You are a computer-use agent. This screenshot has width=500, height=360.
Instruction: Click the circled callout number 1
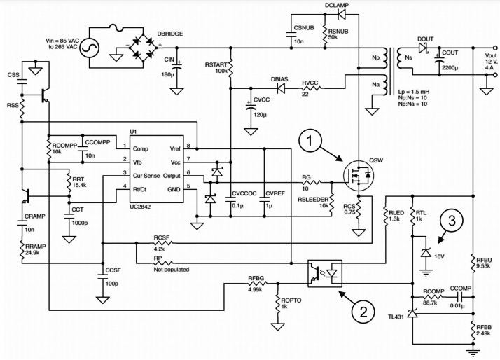tap(310, 141)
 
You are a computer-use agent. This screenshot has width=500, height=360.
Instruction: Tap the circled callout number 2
tap(363, 312)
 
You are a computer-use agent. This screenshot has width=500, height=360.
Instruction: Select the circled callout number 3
tap(452, 221)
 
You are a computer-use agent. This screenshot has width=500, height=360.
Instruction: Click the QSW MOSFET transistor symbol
tap(359, 176)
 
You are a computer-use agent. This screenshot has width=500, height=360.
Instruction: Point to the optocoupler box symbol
tap(325, 274)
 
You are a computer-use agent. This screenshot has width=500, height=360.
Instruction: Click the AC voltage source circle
tap(89, 48)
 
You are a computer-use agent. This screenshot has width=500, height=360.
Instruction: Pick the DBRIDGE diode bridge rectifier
tap(143, 48)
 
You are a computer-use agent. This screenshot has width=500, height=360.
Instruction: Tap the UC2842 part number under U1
tap(140, 207)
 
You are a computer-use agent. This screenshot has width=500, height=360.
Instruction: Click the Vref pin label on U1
tap(175, 148)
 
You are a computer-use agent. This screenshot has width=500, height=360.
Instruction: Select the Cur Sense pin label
tap(146, 176)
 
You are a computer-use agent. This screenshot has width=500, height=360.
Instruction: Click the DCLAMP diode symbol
tap(341, 14)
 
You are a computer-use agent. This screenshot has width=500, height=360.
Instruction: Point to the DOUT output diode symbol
tap(423, 48)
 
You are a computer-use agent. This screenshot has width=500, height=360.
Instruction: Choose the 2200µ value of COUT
tap(450, 68)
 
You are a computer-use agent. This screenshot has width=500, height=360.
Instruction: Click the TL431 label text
tap(396, 317)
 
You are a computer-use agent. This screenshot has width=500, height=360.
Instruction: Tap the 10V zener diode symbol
tap(425, 253)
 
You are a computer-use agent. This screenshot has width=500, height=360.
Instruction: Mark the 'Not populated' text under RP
tap(172, 270)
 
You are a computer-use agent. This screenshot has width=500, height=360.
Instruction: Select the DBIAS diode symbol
tap(282, 88)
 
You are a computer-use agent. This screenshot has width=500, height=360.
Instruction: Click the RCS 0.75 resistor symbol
tap(359, 210)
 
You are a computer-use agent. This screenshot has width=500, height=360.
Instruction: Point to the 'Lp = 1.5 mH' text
tap(413, 91)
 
